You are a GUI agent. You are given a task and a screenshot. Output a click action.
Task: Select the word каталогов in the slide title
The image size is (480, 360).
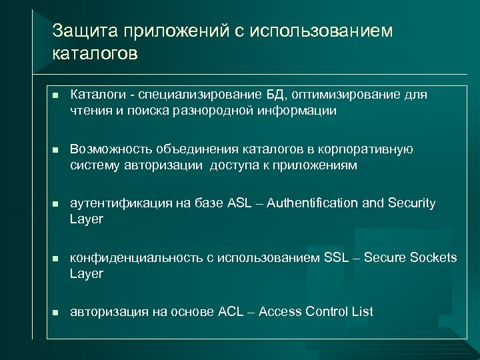coord(95,53)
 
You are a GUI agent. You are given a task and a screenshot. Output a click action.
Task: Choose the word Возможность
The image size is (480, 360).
coord(111,149)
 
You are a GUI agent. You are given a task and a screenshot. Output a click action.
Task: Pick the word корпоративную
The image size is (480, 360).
coord(370,149)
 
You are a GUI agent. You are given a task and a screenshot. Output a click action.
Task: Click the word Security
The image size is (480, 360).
coord(411,203)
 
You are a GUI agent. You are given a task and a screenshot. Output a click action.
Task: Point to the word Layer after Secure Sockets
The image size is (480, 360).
coord(87,273)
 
